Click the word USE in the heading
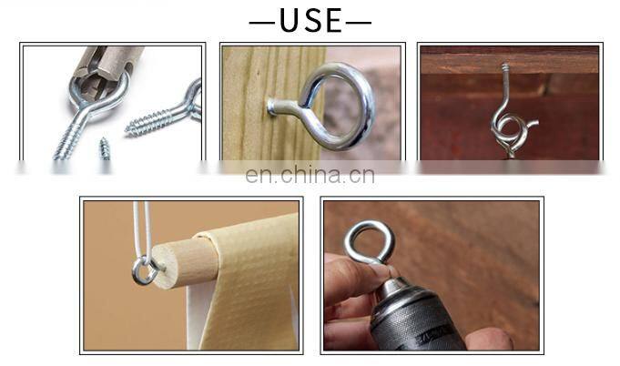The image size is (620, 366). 310,21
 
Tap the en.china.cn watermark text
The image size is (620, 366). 310,175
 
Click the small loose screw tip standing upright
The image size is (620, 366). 105,148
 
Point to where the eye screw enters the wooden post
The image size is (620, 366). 271,107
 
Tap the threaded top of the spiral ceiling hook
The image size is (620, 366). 505,69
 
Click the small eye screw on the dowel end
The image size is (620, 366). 146,270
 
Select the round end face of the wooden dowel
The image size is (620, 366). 165,266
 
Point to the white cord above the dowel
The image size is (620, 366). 143,229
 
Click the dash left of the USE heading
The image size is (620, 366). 262,23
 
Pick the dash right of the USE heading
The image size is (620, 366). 359,23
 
